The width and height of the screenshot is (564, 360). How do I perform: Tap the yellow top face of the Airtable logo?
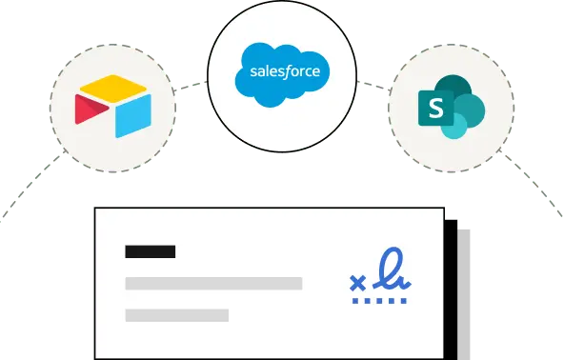113,89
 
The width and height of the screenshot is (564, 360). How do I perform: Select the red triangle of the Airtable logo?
90,110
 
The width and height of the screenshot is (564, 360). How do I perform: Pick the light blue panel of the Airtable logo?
133,116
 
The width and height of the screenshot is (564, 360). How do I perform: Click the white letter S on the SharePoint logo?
436,108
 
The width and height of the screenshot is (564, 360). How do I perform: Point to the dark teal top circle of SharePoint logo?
453,86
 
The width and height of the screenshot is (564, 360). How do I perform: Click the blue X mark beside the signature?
358,283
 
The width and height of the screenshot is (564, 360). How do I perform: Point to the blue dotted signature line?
379,301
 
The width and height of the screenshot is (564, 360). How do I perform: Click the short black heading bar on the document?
151,251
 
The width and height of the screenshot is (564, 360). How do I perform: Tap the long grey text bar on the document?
213,284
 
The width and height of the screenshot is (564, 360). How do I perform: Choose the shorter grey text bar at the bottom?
177,315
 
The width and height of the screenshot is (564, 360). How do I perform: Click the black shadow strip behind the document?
451,290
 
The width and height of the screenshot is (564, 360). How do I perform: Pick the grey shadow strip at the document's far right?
464,294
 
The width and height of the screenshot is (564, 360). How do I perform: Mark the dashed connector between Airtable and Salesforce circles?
191,86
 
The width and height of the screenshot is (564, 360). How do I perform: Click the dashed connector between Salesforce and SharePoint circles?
374,86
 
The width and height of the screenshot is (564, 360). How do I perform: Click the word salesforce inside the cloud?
285,71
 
